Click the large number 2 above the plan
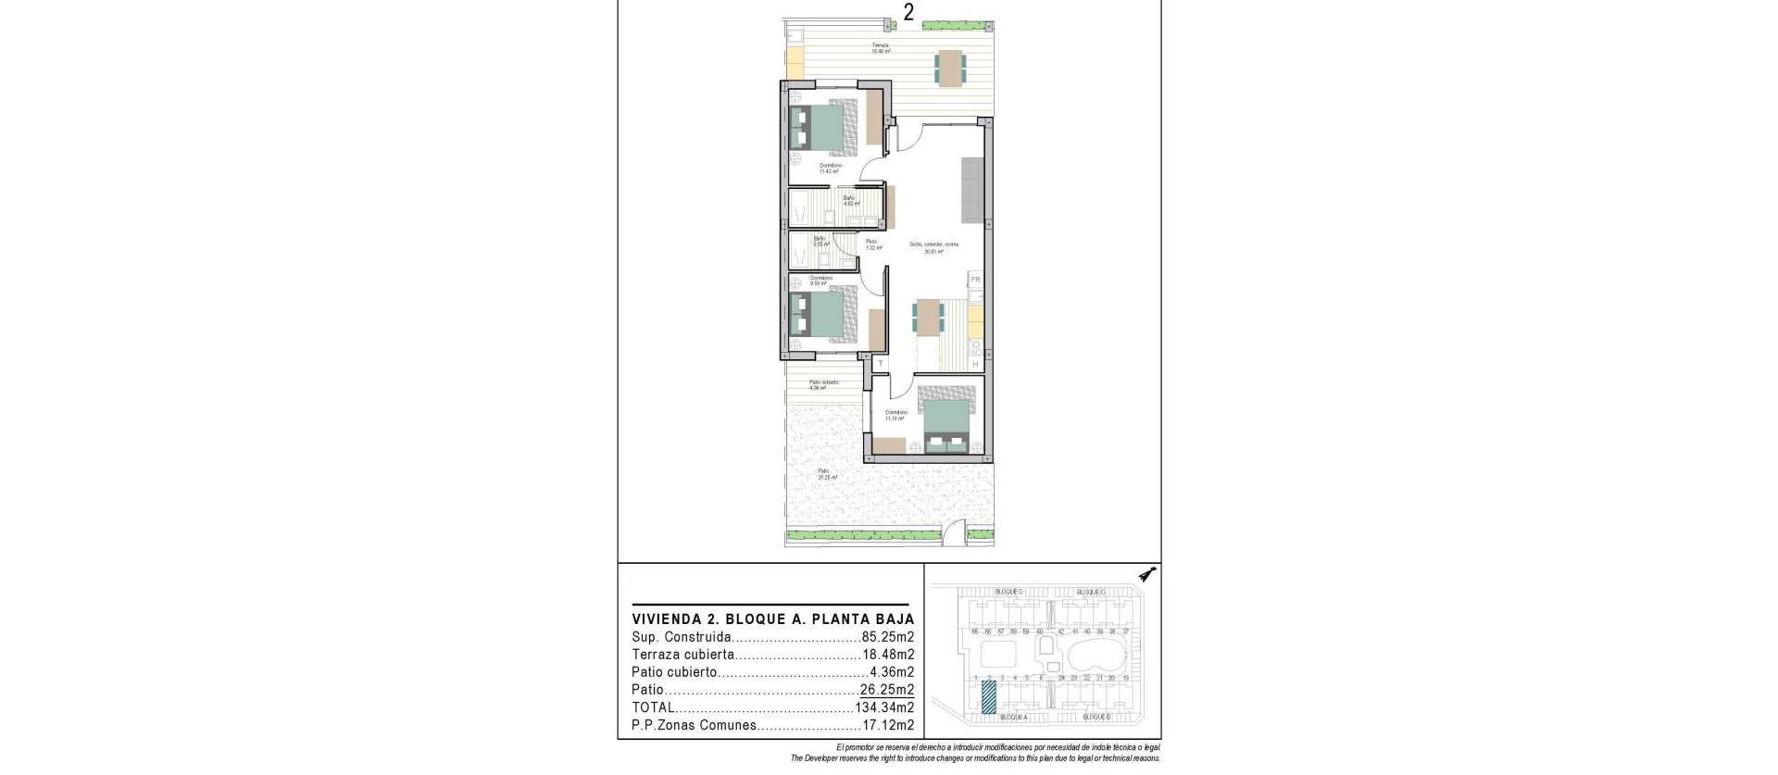tap(909, 12)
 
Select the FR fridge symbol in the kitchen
tap(975, 280)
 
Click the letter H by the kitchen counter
tap(975, 364)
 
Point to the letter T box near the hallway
tap(881, 364)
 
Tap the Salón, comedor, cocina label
tap(933, 247)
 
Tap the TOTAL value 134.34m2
tap(884, 707)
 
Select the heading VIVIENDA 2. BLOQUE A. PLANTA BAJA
tap(772, 619)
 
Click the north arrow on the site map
tap(1148, 575)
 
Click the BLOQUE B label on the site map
tap(1096, 743)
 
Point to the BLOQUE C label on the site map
tap(1091, 592)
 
